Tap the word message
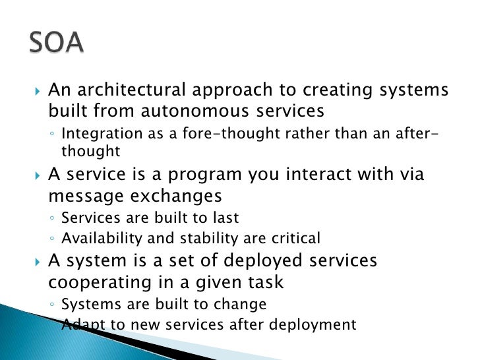pyautogui.click(x=83, y=196)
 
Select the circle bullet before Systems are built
pyautogui.click(x=53, y=305)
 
